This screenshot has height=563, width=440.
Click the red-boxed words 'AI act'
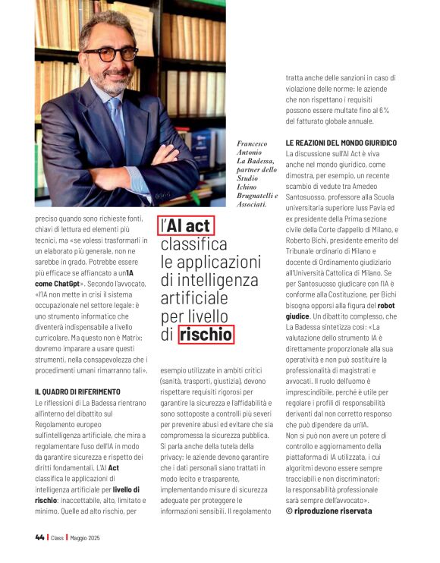[187, 226]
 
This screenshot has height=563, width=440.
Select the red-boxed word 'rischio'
[206, 333]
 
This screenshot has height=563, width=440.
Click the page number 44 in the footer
[39, 538]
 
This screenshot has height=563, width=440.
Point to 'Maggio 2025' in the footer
[85, 538]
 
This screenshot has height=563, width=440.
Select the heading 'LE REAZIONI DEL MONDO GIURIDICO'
[341, 143]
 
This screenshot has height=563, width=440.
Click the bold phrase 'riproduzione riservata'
[335, 511]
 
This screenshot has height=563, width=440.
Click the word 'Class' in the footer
[58, 538]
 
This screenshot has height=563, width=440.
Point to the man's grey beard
[113, 80]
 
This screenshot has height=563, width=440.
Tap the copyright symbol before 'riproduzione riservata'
[289, 511]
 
